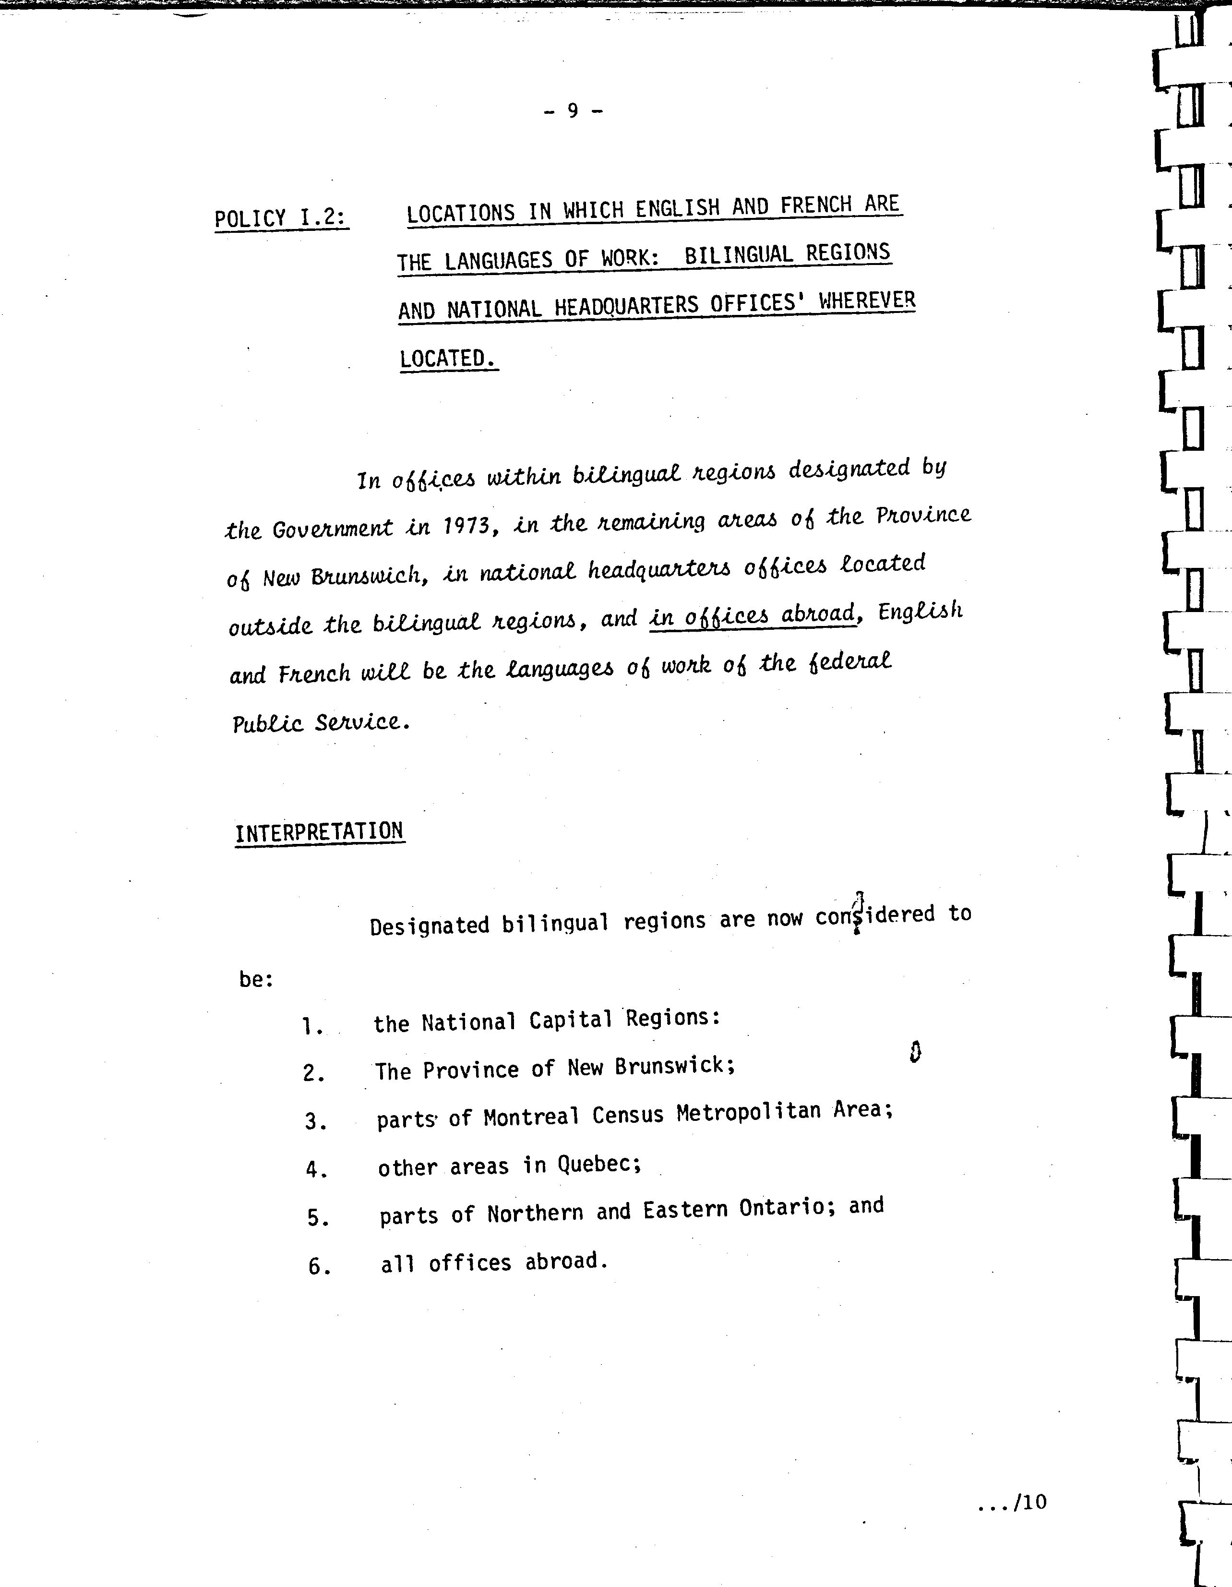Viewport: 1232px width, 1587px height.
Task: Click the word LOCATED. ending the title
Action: tap(448, 359)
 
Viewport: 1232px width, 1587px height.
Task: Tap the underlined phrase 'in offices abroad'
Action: tap(753, 616)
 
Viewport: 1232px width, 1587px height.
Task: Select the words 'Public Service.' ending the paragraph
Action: tap(321, 723)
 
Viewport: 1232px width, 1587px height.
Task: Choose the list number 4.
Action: tap(315, 1170)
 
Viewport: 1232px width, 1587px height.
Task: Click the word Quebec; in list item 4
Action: tap(599, 1165)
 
